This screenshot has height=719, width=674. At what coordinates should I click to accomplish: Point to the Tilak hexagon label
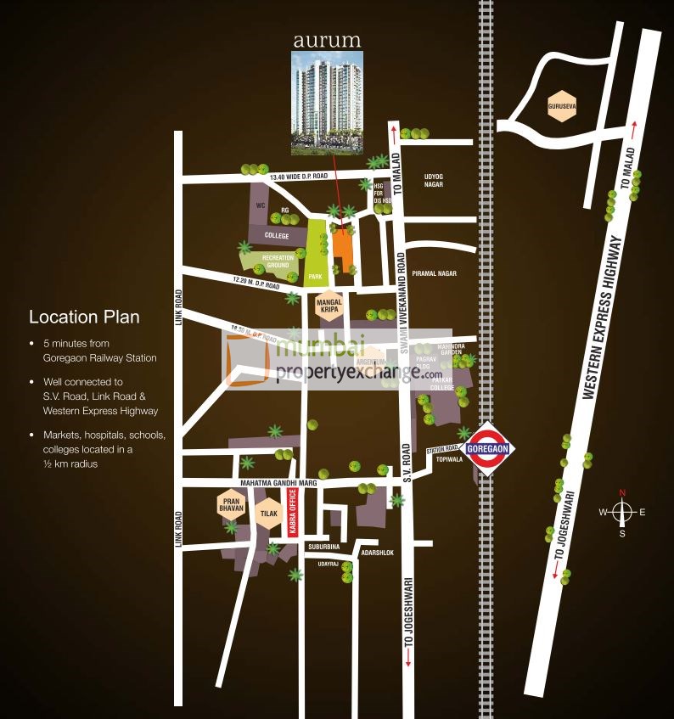(x=269, y=513)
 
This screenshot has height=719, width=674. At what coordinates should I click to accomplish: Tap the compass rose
(x=622, y=512)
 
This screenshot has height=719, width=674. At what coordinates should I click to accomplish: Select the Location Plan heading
(x=84, y=317)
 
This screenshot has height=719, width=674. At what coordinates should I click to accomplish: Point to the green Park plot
(x=316, y=250)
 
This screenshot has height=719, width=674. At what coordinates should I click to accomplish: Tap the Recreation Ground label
(x=278, y=261)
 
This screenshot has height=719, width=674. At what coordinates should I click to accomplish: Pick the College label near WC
(x=277, y=235)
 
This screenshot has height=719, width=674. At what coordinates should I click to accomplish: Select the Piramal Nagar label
(x=434, y=273)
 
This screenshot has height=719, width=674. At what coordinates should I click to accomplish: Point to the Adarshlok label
(x=377, y=553)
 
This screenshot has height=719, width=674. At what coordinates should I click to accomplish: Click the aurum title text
(x=327, y=40)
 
